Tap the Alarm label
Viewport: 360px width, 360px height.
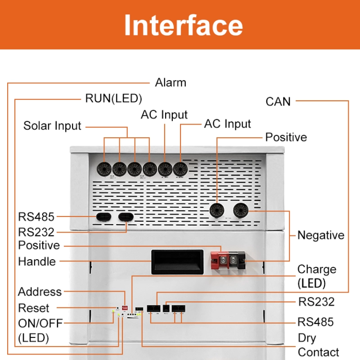pyautogui.click(x=171, y=83)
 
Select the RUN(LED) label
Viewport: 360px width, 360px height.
pyautogui.click(x=113, y=98)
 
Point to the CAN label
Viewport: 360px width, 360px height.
pyautogui.click(x=278, y=101)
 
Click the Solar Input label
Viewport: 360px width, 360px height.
pyautogui.click(x=52, y=126)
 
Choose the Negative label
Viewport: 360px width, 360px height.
pyautogui.click(x=320, y=235)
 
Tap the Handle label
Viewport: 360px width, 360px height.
pyautogui.click(x=37, y=261)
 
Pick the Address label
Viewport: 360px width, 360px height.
pyautogui.click(x=40, y=292)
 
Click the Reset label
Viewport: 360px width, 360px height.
pyautogui.click(x=34, y=308)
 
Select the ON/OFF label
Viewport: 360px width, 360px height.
pyautogui.click(x=40, y=323)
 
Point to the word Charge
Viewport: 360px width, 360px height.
pyautogui.click(x=317, y=270)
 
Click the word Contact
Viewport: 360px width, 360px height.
pyautogui.click(x=319, y=352)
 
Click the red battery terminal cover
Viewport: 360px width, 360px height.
pyautogui.click(x=221, y=261)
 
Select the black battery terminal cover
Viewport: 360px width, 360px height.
pyautogui.click(x=238, y=261)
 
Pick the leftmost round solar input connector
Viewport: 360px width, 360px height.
pyautogui.click(x=104, y=169)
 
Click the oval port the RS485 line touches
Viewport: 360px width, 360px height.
pyautogui.click(x=101, y=217)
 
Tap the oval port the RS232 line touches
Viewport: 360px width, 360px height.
pyautogui.click(x=126, y=217)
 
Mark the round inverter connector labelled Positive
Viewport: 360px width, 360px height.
pyautogui.click(x=218, y=209)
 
